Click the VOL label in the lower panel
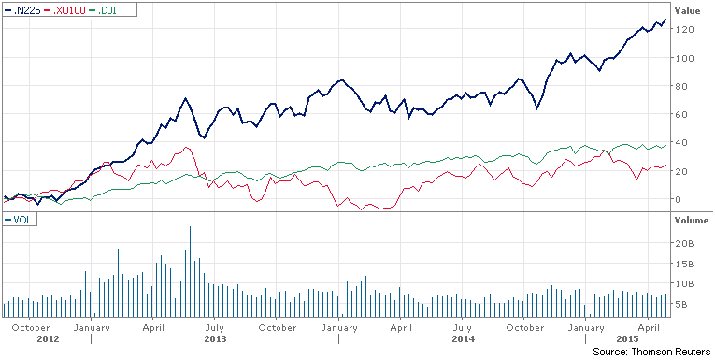pos(20,220)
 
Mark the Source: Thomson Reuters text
pos(651,352)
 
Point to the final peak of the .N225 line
pos(665,18)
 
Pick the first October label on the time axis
pos(31,327)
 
